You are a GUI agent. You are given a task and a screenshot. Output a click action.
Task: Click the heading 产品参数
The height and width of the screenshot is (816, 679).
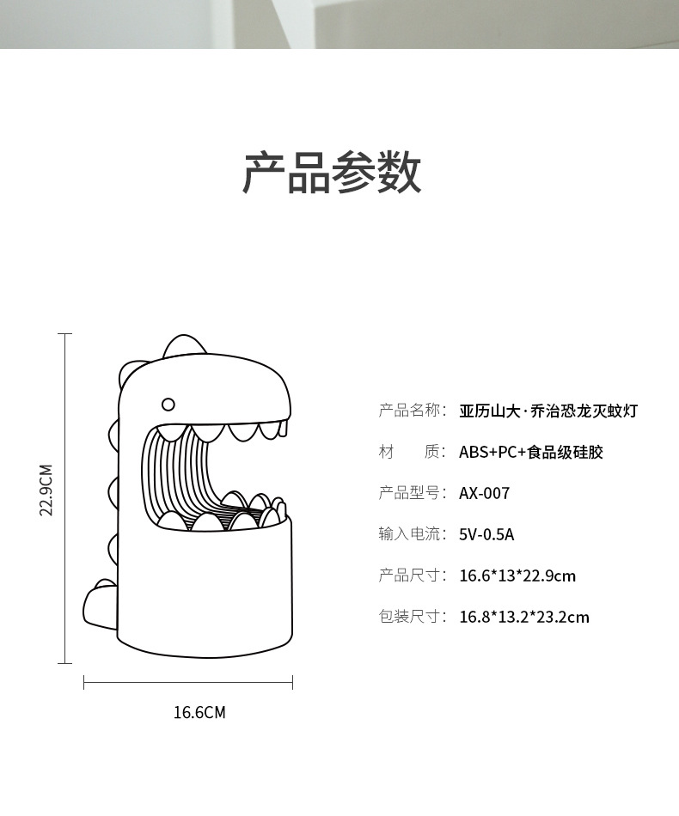click(332, 173)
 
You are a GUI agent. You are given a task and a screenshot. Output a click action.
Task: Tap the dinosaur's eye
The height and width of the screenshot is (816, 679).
click(168, 404)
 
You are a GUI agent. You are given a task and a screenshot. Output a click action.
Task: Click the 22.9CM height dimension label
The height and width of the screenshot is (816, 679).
click(46, 490)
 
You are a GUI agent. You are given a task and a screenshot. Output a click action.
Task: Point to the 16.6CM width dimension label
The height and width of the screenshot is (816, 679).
click(199, 712)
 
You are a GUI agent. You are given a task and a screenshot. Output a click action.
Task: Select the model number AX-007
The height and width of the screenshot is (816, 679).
click(484, 493)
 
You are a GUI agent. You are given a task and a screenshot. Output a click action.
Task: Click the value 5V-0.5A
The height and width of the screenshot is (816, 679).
click(486, 534)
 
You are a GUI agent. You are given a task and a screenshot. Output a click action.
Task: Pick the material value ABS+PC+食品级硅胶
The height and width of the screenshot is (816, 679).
click(530, 452)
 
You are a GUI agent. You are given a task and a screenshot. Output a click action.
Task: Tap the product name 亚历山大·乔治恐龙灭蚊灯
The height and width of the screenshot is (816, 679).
click(547, 411)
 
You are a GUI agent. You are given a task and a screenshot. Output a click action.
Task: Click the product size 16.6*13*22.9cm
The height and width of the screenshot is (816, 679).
click(517, 575)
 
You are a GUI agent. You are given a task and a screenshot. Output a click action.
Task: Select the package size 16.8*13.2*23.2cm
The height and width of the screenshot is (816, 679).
click(523, 617)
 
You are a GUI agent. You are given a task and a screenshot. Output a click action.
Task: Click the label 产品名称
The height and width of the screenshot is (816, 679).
click(412, 411)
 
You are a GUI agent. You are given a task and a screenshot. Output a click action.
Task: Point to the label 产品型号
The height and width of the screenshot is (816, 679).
click(412, 493)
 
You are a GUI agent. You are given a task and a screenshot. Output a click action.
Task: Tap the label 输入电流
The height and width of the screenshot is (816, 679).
click(412, 534)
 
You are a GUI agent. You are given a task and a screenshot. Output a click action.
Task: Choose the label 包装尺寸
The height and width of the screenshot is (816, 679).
click(412, 617)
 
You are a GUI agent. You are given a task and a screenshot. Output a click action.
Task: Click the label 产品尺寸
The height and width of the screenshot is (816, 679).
click(412, 575)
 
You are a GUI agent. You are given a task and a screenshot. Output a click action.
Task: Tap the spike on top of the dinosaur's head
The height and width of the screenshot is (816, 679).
click(184, 344)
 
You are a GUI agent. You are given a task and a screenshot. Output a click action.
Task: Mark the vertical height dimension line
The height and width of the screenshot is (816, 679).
click(65, 498)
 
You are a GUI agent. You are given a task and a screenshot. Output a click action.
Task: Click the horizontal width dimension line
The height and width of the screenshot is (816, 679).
click(188, 683)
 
